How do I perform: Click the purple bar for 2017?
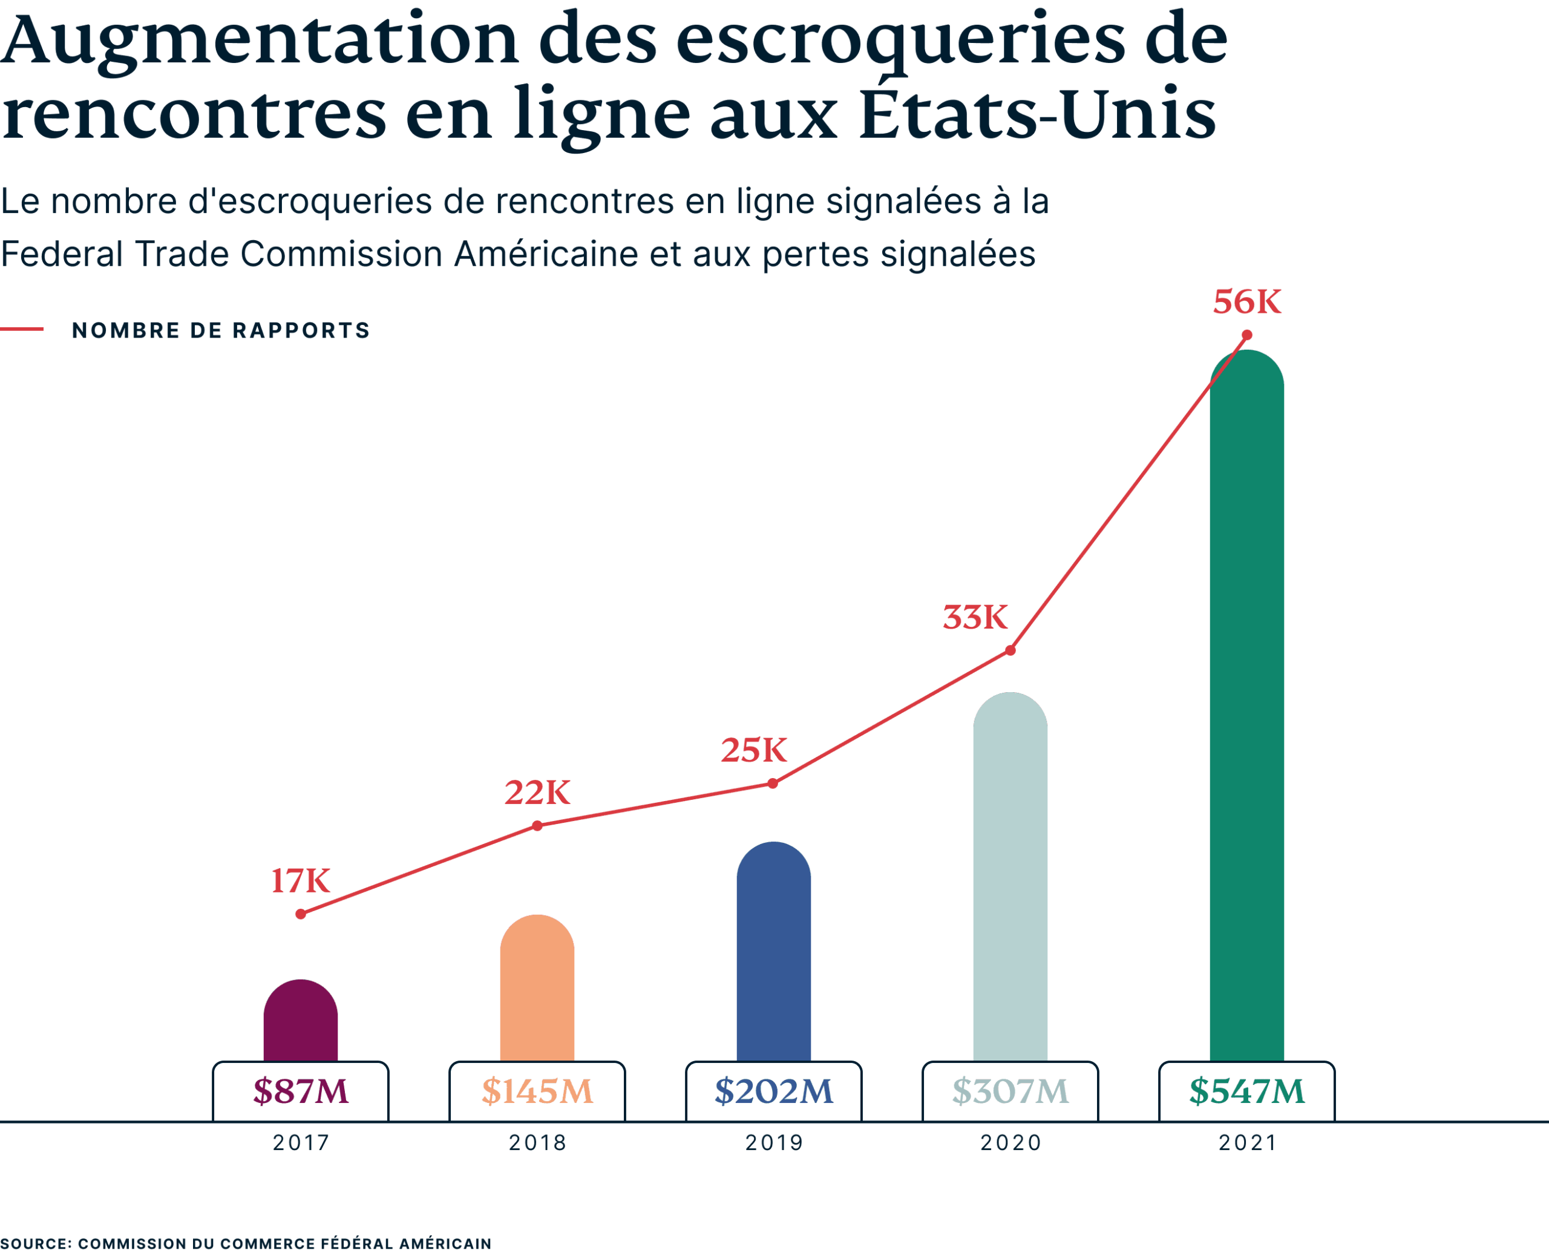[300, 1022]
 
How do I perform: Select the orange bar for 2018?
[537, 990]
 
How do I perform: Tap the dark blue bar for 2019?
[773, 953]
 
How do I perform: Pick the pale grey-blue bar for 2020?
[1010, 878]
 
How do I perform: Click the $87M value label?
[300, 1091]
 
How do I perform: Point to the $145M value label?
[537, 1091]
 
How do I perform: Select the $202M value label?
[773, 1091]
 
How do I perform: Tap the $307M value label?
[1010, 1091]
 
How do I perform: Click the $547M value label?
[1246, 1091]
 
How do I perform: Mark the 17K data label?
[300, 880]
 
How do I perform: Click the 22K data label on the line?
[537, 792]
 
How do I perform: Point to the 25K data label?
[753, 750]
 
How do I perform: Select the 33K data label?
[975, 617]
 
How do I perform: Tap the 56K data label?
[1246, 302]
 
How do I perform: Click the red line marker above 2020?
[1010, 650]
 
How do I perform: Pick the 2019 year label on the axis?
[773, 1143]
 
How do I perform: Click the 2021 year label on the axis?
[1246, 1143]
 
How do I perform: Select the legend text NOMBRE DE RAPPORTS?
[221, 331]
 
